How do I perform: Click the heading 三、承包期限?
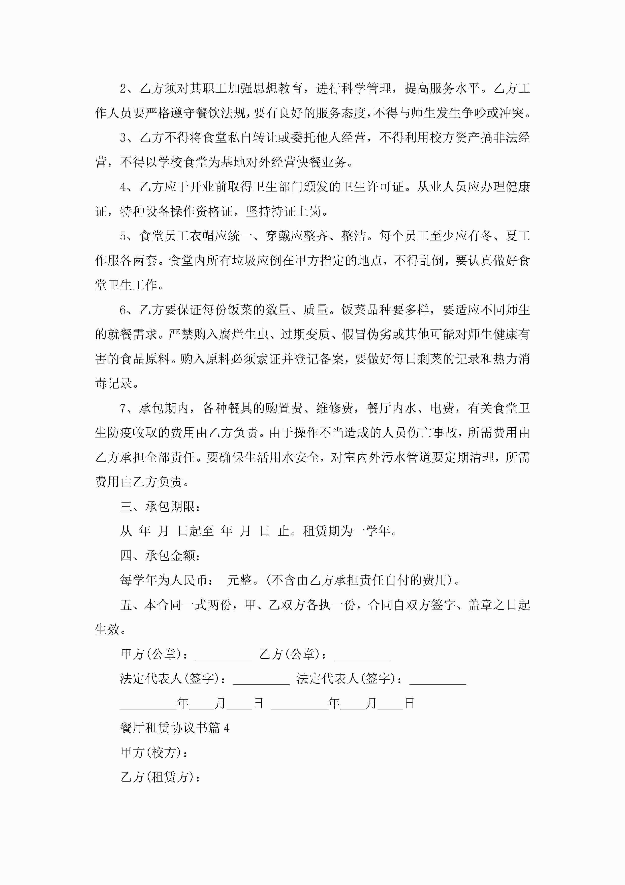pyautogui.click(x=160, y=507)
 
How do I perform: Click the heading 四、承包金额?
pyautogui.click(x=160, y=556)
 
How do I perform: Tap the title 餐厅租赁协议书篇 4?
pyautogui.click(x=174, y=728)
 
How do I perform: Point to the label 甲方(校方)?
pyautogui.click(x=154, y=752)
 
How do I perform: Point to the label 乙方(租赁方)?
pyautogui.click(x=160, y=777)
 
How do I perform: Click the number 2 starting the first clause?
pyautogui.click(x=123, y=89)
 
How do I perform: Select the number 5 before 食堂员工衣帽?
pyautogui.click(x=123, y=236)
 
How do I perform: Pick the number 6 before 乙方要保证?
pyautogui.click(x=123, y=310)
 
